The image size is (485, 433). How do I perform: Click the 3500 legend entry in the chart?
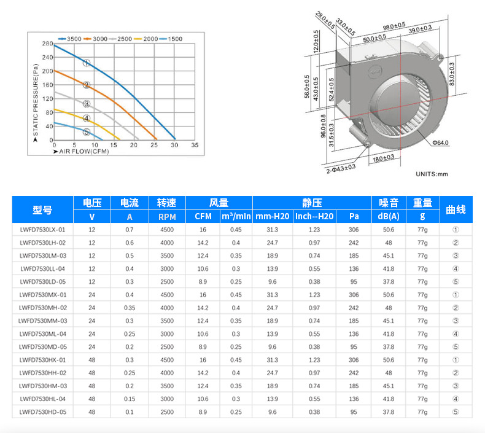click(x=70, y=39)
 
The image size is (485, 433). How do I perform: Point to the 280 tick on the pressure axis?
click(x=48, y=44)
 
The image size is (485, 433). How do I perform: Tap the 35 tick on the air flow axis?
click(x=195, y=145)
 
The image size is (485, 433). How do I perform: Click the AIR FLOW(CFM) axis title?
click(x=81, y=151)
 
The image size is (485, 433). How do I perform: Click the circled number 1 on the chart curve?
click(x=87, y=63)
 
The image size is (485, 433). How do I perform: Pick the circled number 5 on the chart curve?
click(x=87, y=132)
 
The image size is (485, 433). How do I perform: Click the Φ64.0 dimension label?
click(x=440, y=142)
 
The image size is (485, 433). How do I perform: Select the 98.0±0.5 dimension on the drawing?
click(x=394, y=26)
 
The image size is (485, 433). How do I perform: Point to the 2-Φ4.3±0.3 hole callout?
click(x=341, y=169)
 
